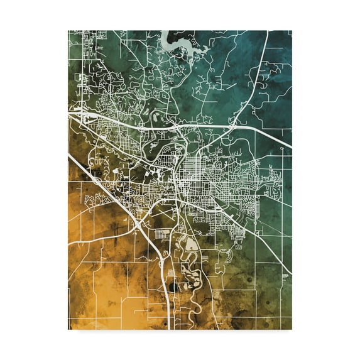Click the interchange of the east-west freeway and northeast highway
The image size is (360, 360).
click(x=233, y=126)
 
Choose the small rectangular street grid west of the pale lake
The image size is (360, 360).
click(x=162, y=234)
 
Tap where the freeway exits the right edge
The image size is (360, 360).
click(x=291, y=148)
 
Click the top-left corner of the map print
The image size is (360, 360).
click(x=68, y=30)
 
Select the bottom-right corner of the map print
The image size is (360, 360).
click(x=292, y=329)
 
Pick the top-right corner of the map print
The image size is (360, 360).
click(x=292, y=30)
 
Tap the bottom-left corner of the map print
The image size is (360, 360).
click(x=68, y=329)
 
